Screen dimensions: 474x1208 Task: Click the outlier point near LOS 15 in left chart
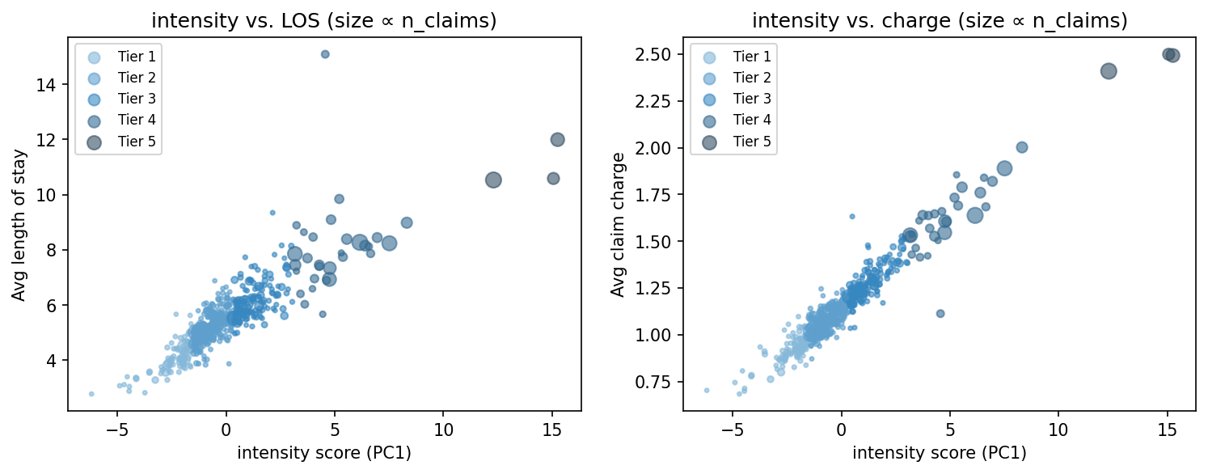coord(325,54)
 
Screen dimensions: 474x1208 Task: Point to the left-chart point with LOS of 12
coord(557,139)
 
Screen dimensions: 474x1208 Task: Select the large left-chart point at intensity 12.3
coord(493,180)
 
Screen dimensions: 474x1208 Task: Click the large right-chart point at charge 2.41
coord(1109,71)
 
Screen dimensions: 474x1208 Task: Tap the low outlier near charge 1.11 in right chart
coord(940,313)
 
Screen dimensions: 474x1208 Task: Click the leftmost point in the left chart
coord(91,394)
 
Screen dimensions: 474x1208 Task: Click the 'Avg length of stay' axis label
coord(19,225)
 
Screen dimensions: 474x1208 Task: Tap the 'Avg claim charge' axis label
coord(619,225)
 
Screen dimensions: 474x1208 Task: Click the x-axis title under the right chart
coord(939,453)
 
